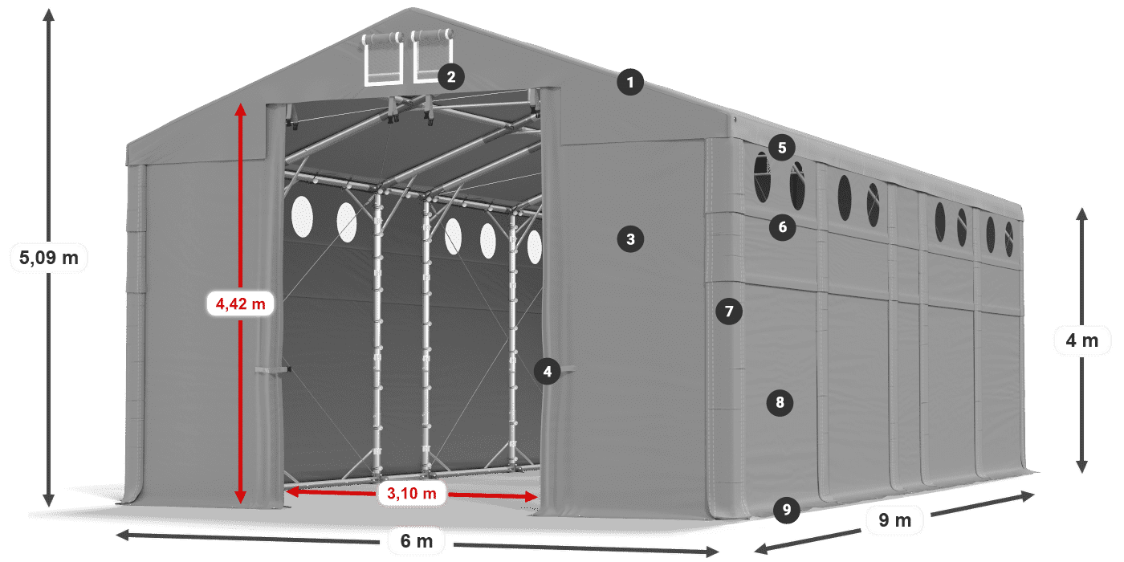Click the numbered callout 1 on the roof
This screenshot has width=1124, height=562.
click(x=630, y=82)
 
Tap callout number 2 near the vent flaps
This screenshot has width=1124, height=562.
click(x=451, y=77)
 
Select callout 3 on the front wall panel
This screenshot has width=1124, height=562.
click(x=630, y=238)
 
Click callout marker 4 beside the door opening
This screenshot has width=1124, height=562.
click(x=548, y=371)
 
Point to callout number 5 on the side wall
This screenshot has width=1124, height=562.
click(x=781, y=147)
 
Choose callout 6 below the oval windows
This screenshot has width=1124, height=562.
click(x=783, y=227)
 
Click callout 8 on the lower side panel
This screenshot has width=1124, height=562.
click(x=780, y=402)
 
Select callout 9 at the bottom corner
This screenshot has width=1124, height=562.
click(x=787, y=509)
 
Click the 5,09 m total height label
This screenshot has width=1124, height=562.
click(x=49, y=258)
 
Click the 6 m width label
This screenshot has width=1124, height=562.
click(x=416, y=542)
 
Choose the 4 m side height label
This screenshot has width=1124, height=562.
click(x=1081, y=341)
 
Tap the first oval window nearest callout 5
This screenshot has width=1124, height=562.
click(x=761, y=177)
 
